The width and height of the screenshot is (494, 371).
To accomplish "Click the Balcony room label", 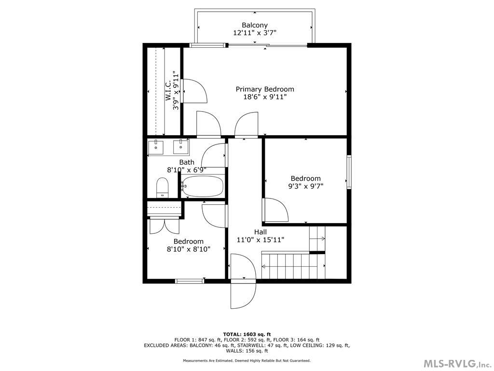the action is (254, 25).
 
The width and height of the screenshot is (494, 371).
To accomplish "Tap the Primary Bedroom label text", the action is (264, 89).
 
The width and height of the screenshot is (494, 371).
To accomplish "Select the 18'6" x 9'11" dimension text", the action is (265, 97).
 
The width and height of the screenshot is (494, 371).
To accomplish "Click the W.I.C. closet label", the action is (169, 91).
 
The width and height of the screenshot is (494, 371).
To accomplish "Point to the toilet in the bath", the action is (162, 187).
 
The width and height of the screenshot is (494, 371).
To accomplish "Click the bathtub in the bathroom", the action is (202, 186).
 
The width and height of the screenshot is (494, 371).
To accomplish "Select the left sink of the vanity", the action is (156, 146).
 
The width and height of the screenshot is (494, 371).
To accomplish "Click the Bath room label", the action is (187, 162).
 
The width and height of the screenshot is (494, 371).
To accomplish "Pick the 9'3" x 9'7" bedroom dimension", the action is (305, 186).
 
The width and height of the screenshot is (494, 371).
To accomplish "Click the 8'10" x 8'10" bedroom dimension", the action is (188, 249).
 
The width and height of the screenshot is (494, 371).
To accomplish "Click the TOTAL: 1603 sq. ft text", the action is (247, 334).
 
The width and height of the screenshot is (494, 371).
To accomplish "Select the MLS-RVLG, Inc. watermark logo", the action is (456, 363).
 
